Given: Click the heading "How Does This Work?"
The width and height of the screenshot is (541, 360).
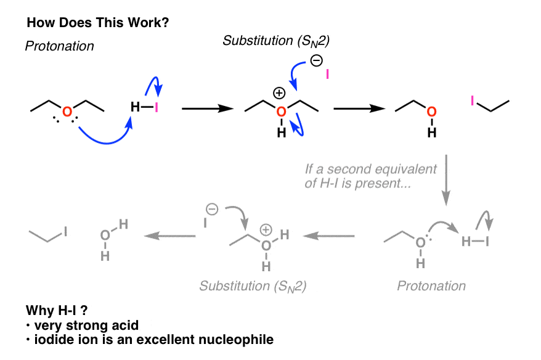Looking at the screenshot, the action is [x=98, y=23].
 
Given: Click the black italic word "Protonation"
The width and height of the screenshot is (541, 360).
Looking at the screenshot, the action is [x=60, y=46].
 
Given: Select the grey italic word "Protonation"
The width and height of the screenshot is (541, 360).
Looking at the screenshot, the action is [x=431, y=286].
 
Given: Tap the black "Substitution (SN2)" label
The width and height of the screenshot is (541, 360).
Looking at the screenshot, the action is [x=276, y=41].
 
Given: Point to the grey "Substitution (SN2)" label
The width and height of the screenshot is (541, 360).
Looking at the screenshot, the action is [x=253, y=287].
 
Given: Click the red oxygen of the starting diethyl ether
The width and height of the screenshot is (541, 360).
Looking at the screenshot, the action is [x=67, y=112].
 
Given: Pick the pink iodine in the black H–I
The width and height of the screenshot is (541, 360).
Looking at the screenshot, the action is [x=157, y=108].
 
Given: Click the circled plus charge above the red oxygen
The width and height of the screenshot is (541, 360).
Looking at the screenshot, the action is [x=279, y=93].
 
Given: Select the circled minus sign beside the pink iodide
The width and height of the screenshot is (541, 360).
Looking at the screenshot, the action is [x=316, y=61].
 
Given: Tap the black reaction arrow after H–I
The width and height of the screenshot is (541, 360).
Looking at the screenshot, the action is [x=208, y=108].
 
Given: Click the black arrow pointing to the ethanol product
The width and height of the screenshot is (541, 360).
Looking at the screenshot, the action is [x=359, y=108].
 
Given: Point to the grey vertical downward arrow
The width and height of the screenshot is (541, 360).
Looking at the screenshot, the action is [x=446, y=180].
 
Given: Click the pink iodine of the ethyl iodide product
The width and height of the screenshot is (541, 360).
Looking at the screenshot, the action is [x=473, y=100].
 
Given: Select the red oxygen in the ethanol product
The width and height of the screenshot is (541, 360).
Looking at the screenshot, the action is [x=431, y=112].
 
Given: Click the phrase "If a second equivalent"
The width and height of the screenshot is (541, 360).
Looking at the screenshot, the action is [x=371, y=169].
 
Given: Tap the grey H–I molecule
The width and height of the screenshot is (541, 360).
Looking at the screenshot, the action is [x=475, y=242].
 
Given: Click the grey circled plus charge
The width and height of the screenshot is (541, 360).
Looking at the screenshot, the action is [x=266, y=229].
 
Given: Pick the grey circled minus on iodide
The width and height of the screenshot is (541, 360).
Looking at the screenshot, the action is [x=212, y=209].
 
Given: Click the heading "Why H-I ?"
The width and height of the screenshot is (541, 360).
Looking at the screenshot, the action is [x=57, y=310].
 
